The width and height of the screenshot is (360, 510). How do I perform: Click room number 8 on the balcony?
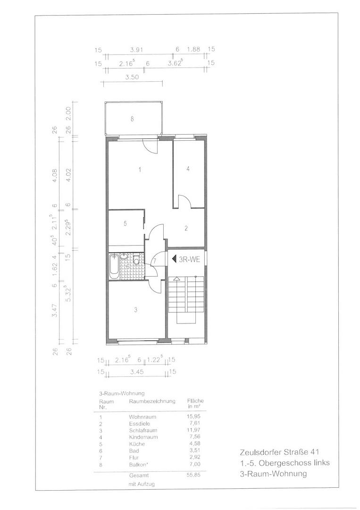pyautogui.click(x=132, y=119)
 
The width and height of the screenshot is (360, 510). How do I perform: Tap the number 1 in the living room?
pyautogui.click(x=140, y=170)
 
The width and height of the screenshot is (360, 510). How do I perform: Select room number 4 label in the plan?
pyautogui.click(x=188, y=169)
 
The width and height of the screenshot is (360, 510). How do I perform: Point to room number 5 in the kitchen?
pyautogui.click(x=125, y=223)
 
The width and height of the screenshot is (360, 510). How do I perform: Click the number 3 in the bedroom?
pyautogui.click(x=136, y=310)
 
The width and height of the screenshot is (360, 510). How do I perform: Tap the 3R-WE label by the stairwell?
pyautogui.click(x=189, y=259)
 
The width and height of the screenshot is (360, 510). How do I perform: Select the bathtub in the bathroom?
pyautogui.click(x=114, y=266)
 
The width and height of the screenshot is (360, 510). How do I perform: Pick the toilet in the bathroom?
pyautogui.click(x=136, y=259)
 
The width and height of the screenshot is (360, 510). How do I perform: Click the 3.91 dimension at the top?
pyautogui.click(x=136, y=50)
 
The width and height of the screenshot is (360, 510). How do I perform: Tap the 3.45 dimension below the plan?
pyautogui.click(x=137, y=372)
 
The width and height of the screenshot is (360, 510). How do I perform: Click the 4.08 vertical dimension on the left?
pyautogui.click(x=55, y=175)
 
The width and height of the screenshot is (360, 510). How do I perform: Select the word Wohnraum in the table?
pyautogui.click(x=142, y=416)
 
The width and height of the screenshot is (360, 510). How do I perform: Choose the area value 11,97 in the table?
pyautogui.click(x=194, y=430)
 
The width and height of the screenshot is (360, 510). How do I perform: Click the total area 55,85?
pyautogui.click(x=193, y=475)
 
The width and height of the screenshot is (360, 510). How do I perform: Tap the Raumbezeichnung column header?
pyautogui.click(x=152, y=401)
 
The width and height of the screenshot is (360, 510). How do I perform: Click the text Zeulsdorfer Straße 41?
pyautogui.click(x=279, y=452)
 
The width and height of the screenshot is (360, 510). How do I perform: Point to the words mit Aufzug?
pyautogui.click(x=142, y=484)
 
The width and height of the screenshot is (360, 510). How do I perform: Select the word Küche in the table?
pyautogui.click(x=137, y=444)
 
